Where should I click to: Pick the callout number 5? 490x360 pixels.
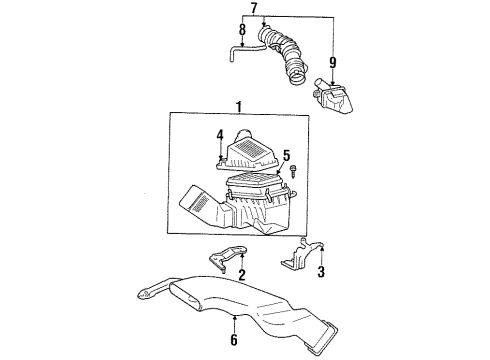[286, 155]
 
